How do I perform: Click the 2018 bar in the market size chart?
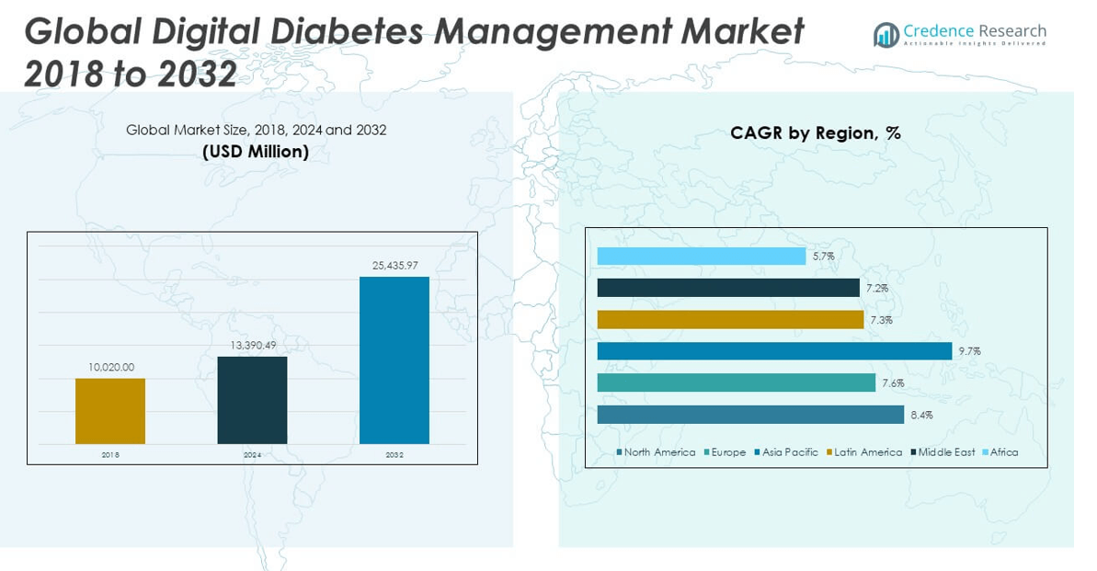(x=110, y=411)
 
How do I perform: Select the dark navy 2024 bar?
(x=252, y=400)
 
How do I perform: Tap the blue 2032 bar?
(x=394, y=360)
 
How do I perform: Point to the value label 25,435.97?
(x=394, y=266)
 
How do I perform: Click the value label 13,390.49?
(x=252, y=345)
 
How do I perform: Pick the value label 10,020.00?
(x=111, y=367)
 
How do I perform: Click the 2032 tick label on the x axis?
(x=394, y=454)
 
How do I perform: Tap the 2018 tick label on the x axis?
(x=110, y=454)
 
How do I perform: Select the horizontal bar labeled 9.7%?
(x=774, y=351)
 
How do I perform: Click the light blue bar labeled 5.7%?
(x=701, y=257)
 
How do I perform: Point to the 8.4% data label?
(x=921, y=415)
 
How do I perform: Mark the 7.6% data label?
(x=893, y=383)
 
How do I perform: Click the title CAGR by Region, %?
(x=815, y=133)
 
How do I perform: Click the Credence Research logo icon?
(x=886, y=35)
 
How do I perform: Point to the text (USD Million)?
(x=256, y=152)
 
